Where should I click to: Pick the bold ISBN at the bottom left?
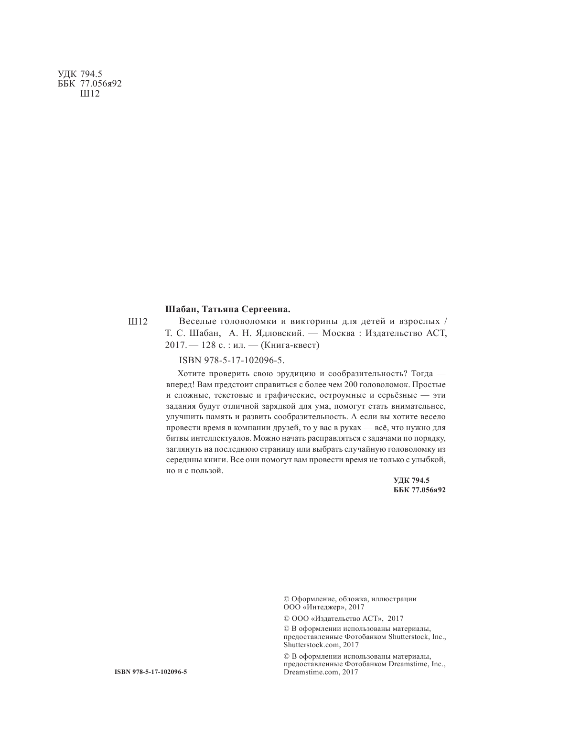click(151, 672)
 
